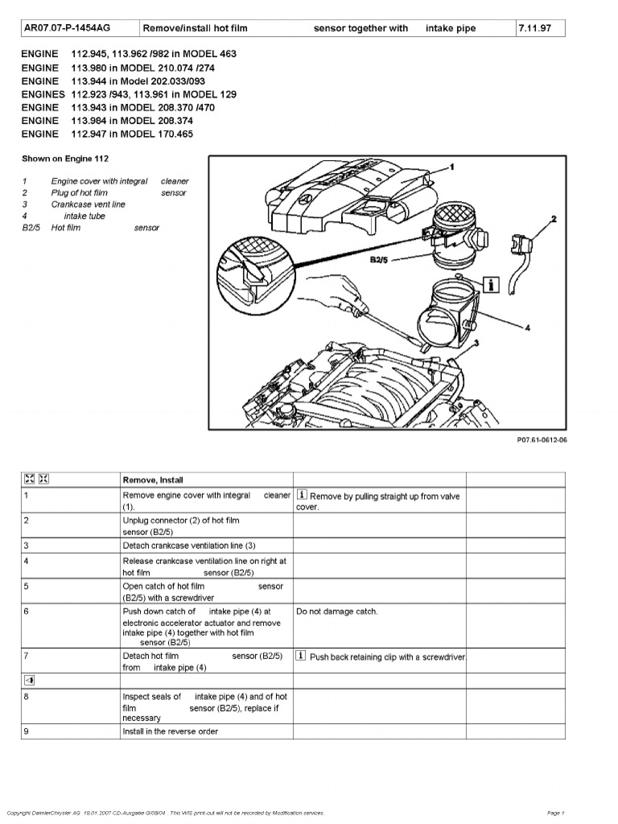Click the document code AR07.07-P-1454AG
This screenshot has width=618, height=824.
coord(67,28)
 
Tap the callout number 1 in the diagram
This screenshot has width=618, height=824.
coord(451,167)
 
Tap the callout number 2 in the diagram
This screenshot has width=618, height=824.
coord(554,218)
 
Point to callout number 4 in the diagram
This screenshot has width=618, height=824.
coord(526,328)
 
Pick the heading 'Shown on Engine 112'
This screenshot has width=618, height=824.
coord(65,159)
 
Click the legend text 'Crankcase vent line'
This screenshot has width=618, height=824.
coord(89,204)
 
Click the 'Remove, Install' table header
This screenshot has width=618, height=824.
coord(153,480)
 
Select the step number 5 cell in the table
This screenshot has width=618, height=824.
coord(27,587)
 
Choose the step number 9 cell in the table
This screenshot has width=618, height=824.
coord(27,731)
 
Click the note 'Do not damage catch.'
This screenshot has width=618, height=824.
coord(336,612)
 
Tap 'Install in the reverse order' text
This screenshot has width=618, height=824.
coord(170,731)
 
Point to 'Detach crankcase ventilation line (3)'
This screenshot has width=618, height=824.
coord(189,546)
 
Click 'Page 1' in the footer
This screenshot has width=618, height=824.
coord(556,813)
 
